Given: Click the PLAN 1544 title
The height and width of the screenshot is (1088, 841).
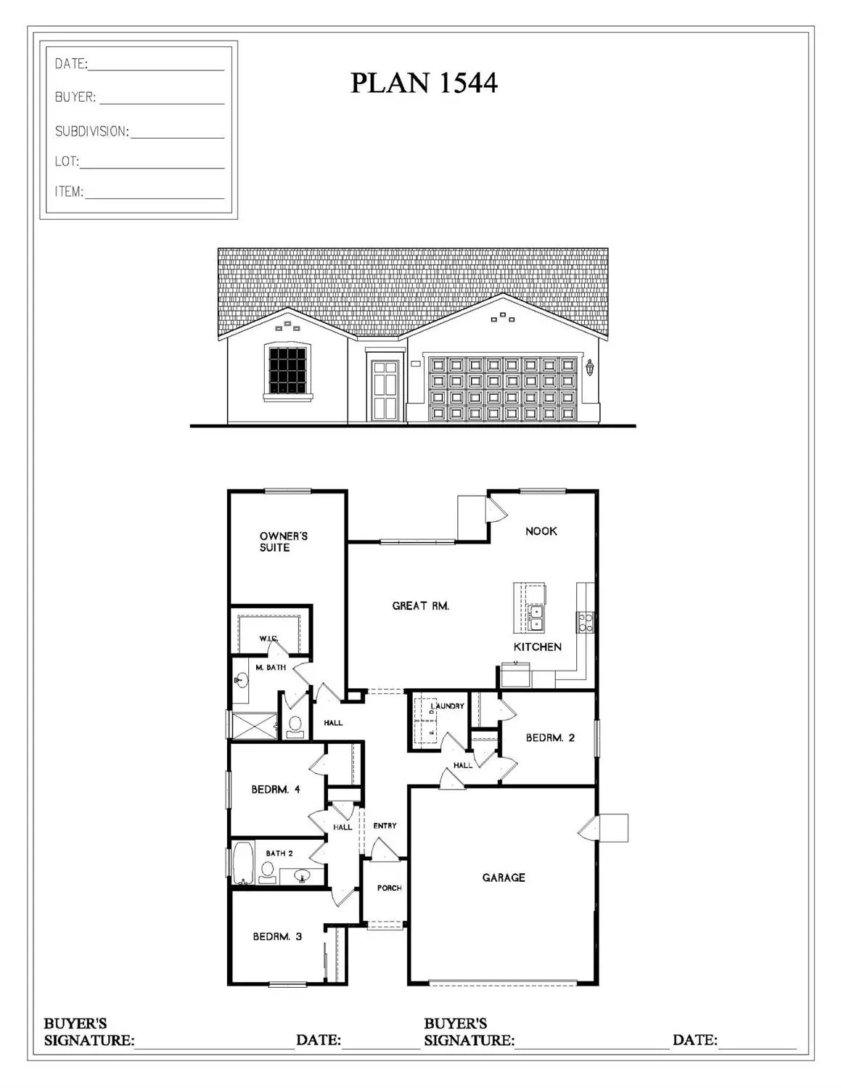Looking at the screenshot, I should click(x=424, y=83).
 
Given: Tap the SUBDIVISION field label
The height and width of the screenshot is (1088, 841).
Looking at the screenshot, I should click(x=91, y=131).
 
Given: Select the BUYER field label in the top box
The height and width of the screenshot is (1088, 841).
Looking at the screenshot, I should click(x=75, y=97).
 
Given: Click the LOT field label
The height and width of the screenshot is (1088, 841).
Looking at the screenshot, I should click(x=67, y=161).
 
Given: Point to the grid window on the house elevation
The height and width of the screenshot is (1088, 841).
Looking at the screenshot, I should click(x=287, y=369).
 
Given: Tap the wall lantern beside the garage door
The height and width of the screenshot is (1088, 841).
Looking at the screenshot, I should click(x=589, y=368).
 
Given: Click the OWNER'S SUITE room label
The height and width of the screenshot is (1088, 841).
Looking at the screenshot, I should click(x=283, y=541).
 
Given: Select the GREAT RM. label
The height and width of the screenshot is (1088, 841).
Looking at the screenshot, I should click(x=421, y=605).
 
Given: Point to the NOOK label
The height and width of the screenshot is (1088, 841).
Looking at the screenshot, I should click(x=541, y=531).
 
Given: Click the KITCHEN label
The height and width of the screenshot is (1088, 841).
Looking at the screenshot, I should click(x=537, y=647).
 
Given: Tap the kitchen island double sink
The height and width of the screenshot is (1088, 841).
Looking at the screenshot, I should click(x=536, y=618).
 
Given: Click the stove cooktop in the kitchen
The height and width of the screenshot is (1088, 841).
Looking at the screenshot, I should click(x=585, y=621).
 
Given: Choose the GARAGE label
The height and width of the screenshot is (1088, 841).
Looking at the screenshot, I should click(x=504, y=878).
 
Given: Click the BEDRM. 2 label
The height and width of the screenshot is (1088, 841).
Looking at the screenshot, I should click(x=550, y=738).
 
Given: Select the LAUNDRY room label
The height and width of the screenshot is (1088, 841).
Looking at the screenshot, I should click(x=447, y=705).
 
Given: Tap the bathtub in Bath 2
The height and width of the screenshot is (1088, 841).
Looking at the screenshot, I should click(x=242, y=862).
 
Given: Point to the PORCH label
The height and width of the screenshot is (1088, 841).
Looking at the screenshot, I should click(x=389, y=888).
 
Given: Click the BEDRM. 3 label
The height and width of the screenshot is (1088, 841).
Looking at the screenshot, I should click(x=277, y=937).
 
